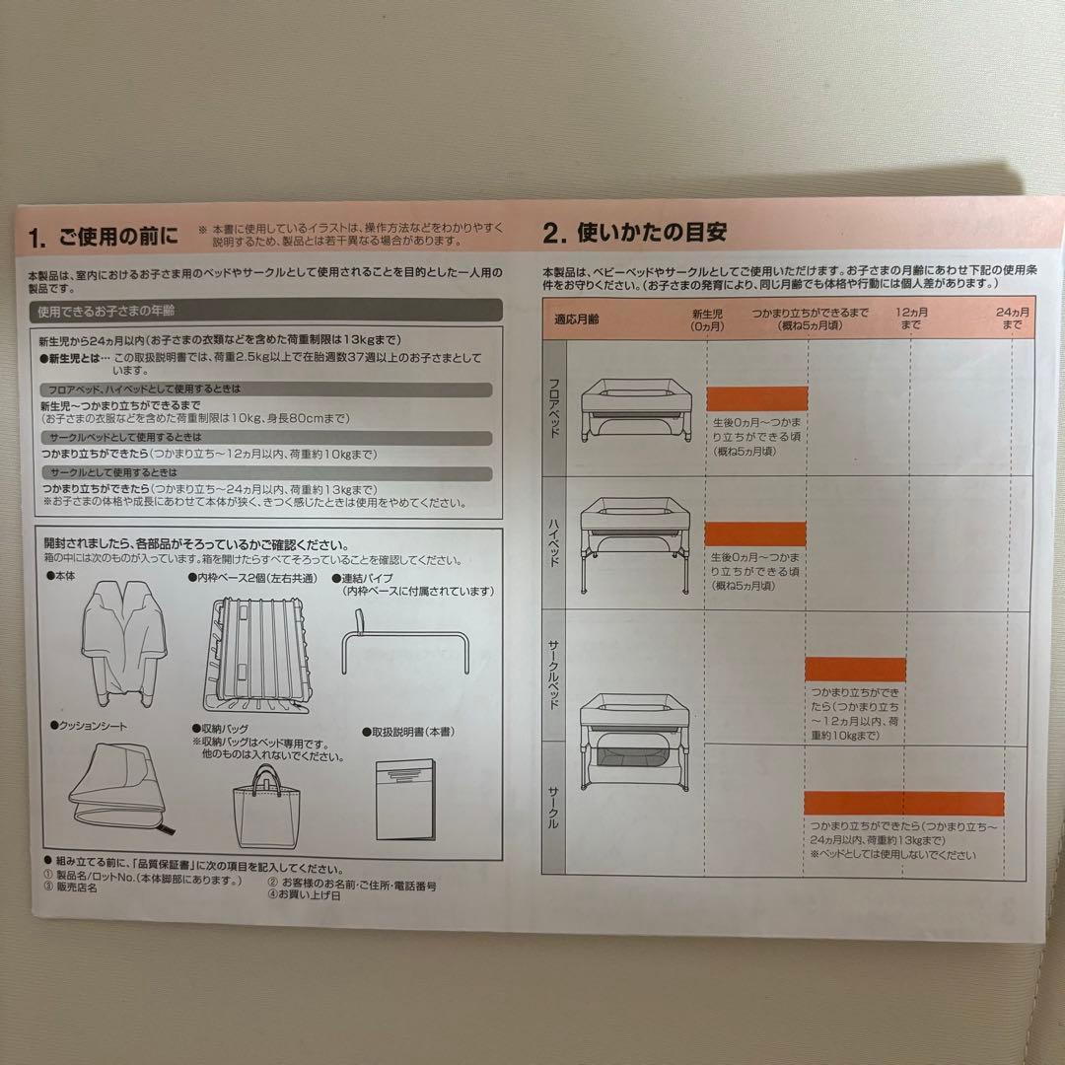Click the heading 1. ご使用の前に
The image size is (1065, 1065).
tap(105, 237)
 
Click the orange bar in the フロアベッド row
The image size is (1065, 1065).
tap(756, 398)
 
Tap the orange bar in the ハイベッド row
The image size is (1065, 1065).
tap(756, 533)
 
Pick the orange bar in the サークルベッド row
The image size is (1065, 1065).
tap(855, 670)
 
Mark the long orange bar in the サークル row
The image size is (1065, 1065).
tap(903, 803)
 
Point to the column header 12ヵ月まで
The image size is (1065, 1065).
tap(909, 318)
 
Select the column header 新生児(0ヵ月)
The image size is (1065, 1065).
tap(707, 318)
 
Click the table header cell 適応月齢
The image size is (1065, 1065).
tap(577, 319)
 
